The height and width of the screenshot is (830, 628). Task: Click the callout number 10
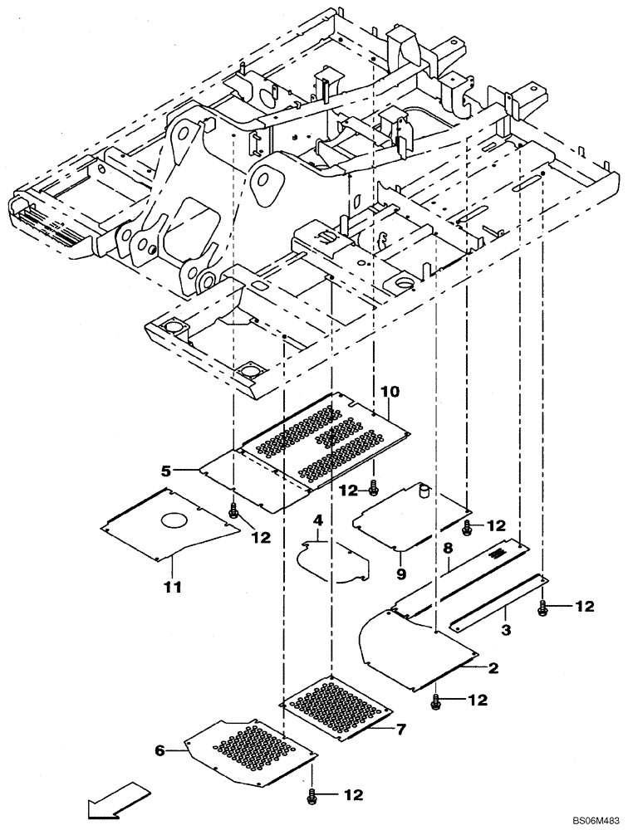[390, 389]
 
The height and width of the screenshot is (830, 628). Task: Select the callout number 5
[166, 471]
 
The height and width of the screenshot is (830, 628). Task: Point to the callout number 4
[316, 520]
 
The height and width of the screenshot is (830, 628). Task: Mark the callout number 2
[493, 666]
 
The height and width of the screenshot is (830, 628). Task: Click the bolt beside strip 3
[543, 608]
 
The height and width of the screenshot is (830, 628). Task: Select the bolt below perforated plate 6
[312, 795]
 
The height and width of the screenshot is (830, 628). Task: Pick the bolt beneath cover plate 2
[436, 702]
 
